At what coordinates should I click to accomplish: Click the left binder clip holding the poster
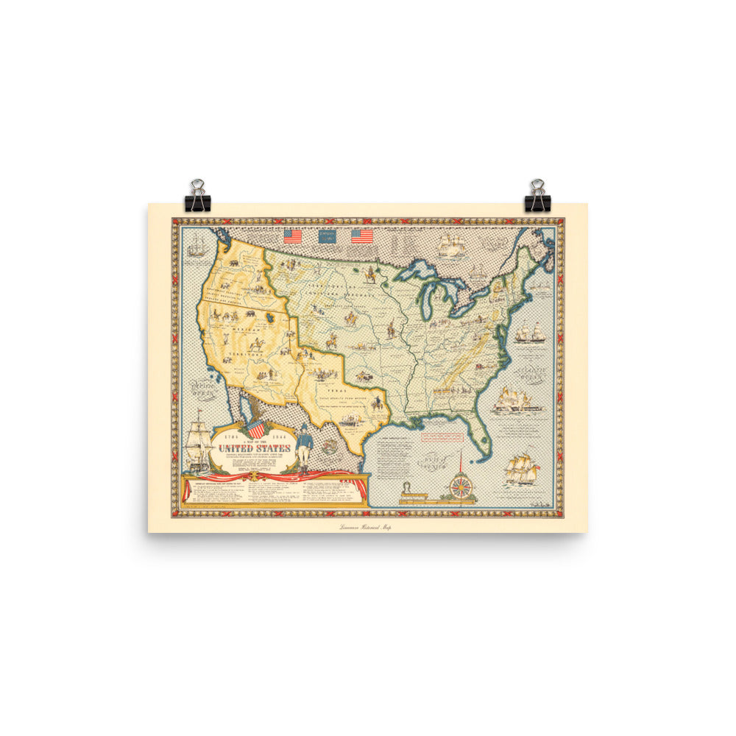pos(198,196)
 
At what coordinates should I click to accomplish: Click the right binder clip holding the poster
pos(536,196)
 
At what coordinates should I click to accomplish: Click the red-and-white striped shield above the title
pos(255,428)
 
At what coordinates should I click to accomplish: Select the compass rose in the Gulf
pos(461,486)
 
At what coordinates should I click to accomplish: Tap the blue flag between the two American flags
pos(327,236)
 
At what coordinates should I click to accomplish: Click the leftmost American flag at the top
pos(293,236)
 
